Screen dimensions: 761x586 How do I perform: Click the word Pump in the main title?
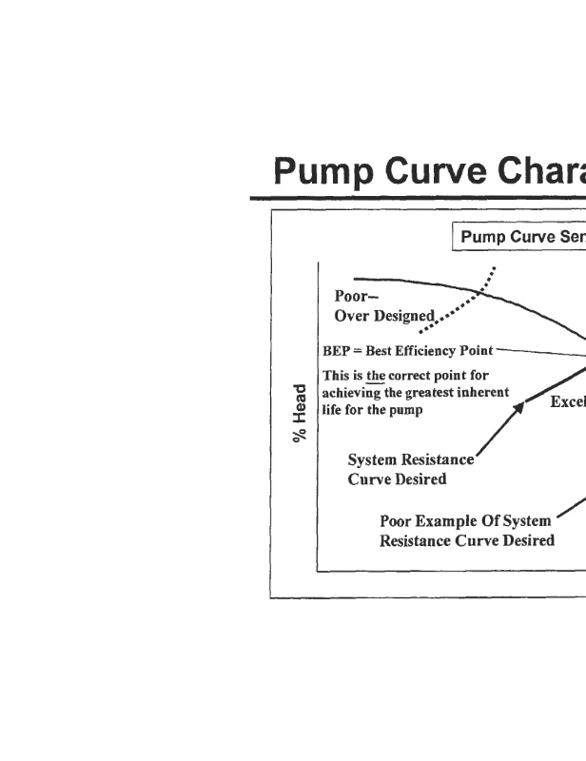(x=323, y=172)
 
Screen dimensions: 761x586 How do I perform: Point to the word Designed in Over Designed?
(x=402, y=317)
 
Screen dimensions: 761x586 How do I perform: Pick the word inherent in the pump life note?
(x=485, y=392)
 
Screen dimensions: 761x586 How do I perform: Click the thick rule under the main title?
(x=419, y=198)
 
